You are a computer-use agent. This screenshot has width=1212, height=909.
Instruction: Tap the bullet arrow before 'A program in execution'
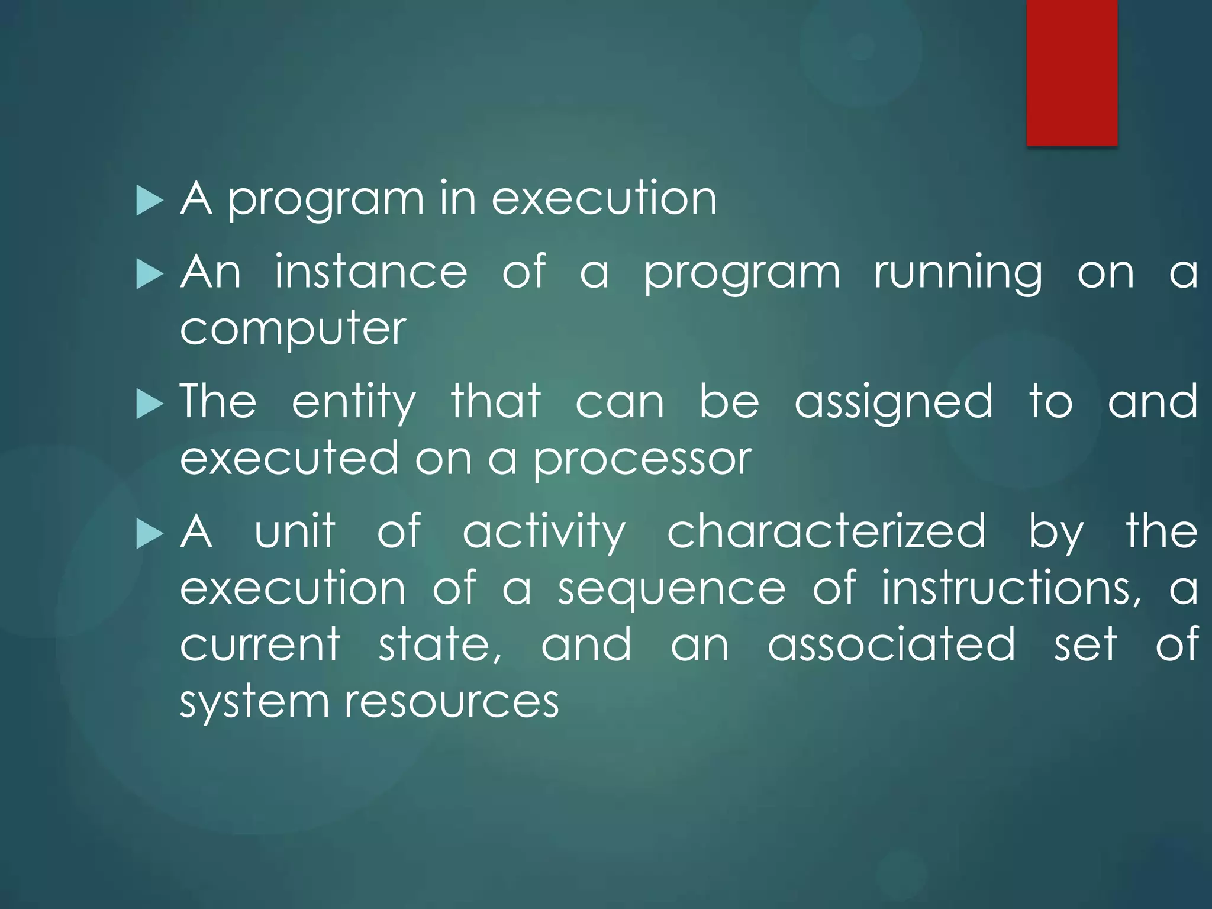click(149, 201)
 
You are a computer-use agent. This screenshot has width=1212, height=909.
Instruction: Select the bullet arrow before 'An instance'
click(149, 275)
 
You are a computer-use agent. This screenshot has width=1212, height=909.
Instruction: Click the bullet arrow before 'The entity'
click(149, 405)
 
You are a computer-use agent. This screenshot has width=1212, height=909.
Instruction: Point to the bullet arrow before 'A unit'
click(149, 534)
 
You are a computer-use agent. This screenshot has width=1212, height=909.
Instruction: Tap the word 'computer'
click(293, 330)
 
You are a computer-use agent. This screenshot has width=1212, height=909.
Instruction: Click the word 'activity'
click(544, 533)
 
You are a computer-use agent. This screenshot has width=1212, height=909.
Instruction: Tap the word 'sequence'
click(672, 590)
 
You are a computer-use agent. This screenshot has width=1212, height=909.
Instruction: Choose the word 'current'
click(260, 644)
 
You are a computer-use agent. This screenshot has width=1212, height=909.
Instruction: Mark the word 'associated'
click(891, 644)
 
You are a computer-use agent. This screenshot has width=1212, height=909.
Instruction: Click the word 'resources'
click(452, 702)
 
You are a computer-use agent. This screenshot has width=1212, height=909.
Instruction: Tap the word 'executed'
click(289, 459)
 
